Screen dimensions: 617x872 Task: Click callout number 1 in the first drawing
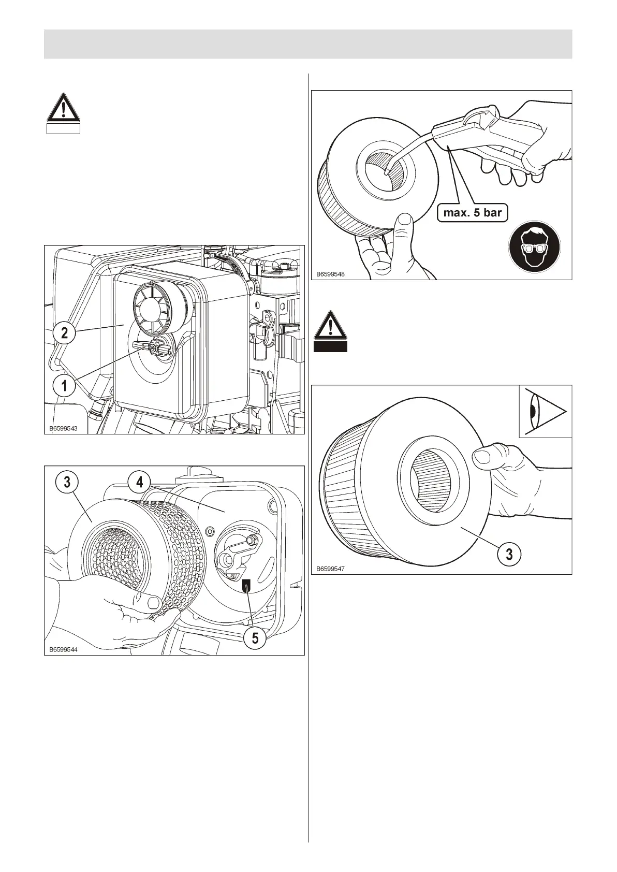point(64,385)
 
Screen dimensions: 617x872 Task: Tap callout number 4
point(140,482)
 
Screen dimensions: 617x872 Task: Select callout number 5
point(255,638)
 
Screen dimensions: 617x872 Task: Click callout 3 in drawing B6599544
point(67,482)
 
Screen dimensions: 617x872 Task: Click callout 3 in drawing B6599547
point(509,554)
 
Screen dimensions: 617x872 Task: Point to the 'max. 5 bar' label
point(472,212)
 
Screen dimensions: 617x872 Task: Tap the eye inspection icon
point(545,411)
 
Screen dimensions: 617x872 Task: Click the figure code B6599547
point(330,569)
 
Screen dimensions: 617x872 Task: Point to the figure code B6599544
point(63,649)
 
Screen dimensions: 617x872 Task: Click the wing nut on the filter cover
point(154,347)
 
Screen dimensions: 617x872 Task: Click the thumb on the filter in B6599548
point(403,224)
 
